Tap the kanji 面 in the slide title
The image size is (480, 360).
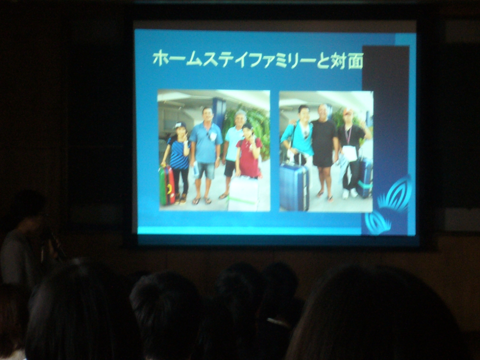tap(355, 60)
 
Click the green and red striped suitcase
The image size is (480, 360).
tap(167, 185)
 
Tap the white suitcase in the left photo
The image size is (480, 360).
tap(243, 193)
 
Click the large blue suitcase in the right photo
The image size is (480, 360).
tap(295, 187)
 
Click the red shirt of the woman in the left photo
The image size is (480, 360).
tap(249, 157)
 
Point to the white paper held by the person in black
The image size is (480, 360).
tap(349, 153)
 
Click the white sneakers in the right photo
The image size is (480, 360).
tap(349, 193)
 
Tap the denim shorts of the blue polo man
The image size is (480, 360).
tap(206, 170)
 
